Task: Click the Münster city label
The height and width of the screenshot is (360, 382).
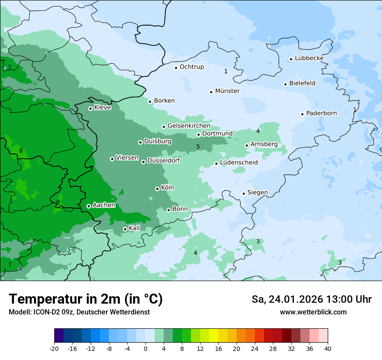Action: pyautogui.click(x=227, y=91)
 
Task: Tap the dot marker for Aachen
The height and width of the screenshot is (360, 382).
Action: pyautogui.click(x=89, y=206)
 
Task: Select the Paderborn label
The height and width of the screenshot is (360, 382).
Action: pyautogui.click(x=321, y=113)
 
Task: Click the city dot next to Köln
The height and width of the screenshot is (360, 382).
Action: pyautogui.click(x=157, y=189)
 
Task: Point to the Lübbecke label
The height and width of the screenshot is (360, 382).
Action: pyautogui.click(x=309, y=58)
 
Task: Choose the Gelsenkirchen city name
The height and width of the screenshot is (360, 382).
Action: pyautogui.click(x=189, y=126)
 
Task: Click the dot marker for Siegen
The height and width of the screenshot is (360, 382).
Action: pyautogui.click(x=244, y=193)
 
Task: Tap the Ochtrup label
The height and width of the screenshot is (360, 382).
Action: pyautogui.click(x=191, y=67)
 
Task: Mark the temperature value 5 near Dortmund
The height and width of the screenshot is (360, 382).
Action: pyautogui.click(x=198, y=147)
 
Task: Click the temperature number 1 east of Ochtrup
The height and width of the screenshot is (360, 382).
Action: pyautogui.click(x=226, y=71)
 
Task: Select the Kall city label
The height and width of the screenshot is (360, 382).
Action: pyautogui.click(x=134, y=228)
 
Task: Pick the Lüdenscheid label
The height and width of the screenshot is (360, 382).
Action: pyautogui.click(x=239, y=163)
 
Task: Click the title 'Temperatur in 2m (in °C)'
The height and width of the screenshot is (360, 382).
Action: pyautogui.click(x=86, y=299)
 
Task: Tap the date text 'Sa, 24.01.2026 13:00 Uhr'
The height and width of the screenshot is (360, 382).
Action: pyautogui.click(x=311, y=299)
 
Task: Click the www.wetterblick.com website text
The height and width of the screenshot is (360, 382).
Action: pyautogui.click(x=313, y=312)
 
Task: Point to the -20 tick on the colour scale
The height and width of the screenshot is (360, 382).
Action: pyautogui.click(x=54, y=348)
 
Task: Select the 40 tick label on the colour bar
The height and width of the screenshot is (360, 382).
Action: pyautogui.click(x=328, y=348)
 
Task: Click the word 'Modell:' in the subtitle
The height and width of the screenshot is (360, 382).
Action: pyautogui.click(x=19, y=312)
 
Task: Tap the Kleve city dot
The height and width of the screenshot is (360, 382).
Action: pyautogui.click(x=90, y=108)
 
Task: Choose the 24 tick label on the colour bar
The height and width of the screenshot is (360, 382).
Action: pyautogui.click(x=255, y=348)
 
